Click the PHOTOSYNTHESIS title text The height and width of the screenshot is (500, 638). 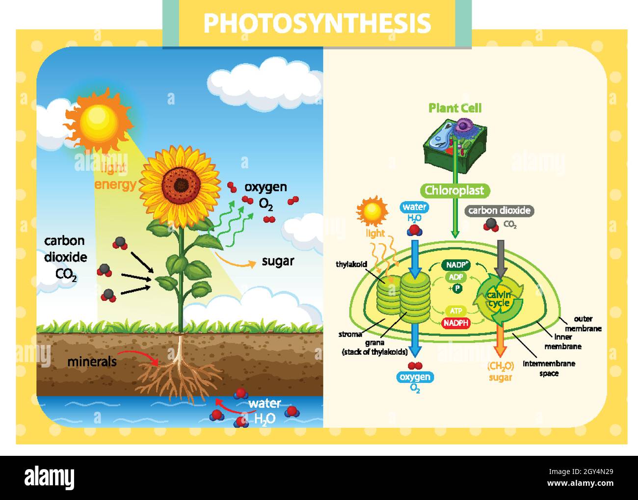(x=317, y=23)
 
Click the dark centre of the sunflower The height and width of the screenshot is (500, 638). (x=181, y=184)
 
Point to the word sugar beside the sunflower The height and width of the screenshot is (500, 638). (x=278, y=261)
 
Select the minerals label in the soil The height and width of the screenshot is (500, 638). (x=92, y=362)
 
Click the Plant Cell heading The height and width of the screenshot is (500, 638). (x=455, y=108)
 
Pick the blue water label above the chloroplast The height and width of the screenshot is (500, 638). (x=414, y=207)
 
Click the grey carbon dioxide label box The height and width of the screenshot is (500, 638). (x=499, y=211)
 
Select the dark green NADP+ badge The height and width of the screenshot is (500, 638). (x=456, y=265)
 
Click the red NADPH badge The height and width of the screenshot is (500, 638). (x=456, y=323)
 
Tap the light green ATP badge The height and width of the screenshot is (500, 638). (x=456, y=311)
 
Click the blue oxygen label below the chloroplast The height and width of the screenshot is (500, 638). (x=415, y=377)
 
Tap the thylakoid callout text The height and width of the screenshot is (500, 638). (x=351, y=264)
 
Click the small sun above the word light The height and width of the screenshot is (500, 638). (x=372, y=211)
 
